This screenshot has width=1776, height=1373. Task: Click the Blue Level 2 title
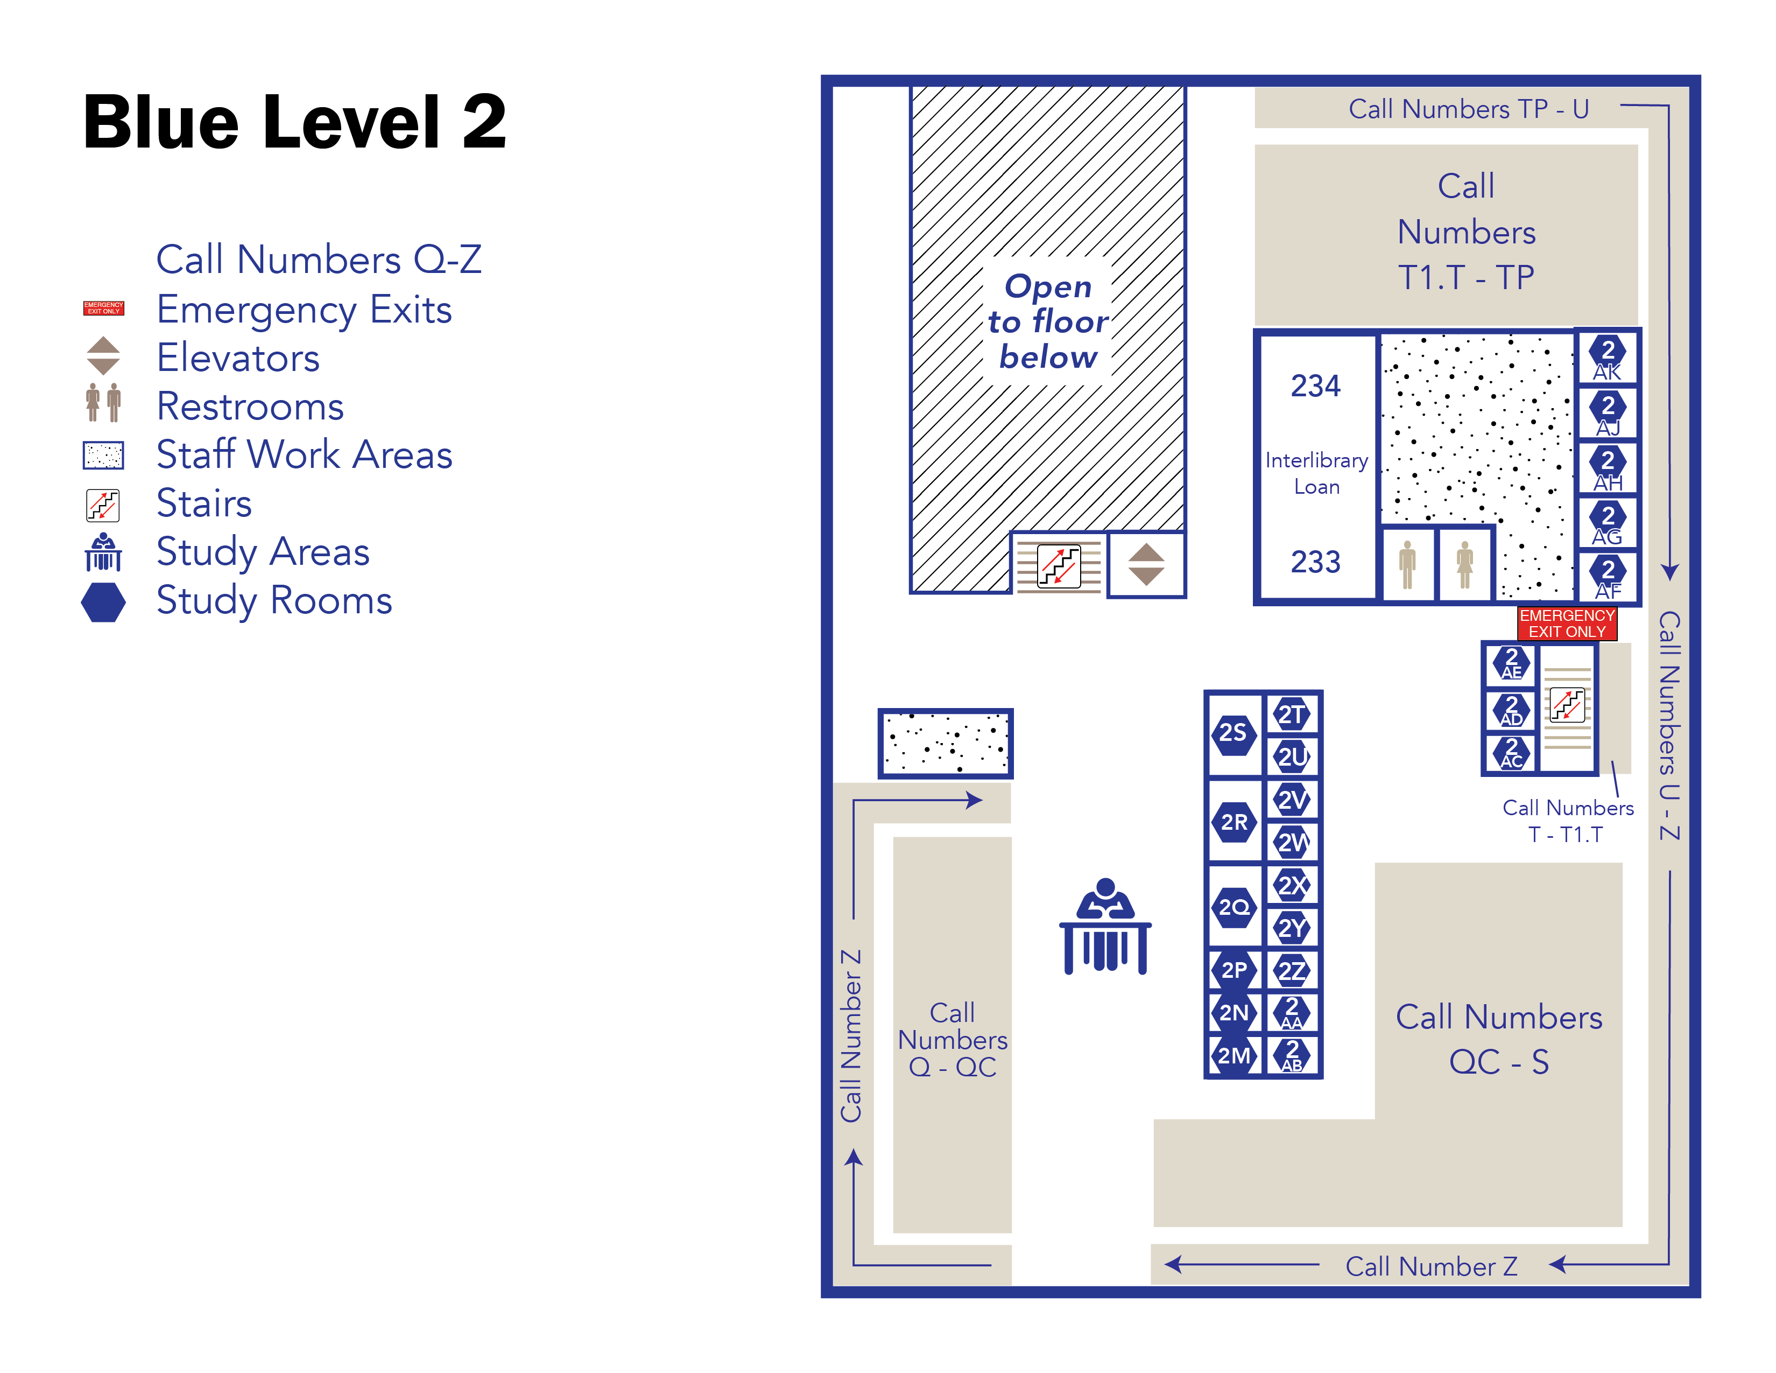point(294,122)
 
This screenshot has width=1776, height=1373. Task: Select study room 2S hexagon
point(1234,733)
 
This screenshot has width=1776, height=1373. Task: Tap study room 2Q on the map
point(1234,907)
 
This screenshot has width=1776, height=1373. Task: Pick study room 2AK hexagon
point(1607,357)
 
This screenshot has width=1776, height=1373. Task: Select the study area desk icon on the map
point(1105,927)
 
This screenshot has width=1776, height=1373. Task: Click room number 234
point(1316,386)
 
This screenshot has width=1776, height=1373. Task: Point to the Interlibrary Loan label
point(1316,473)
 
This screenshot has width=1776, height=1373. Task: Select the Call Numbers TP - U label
point(1469,109)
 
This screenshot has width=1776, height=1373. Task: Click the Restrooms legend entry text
point(250,406)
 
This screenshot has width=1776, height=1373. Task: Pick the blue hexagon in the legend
point(103,603)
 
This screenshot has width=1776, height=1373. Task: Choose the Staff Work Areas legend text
point(304,454)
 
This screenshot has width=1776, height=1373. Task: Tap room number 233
point(1316,561)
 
